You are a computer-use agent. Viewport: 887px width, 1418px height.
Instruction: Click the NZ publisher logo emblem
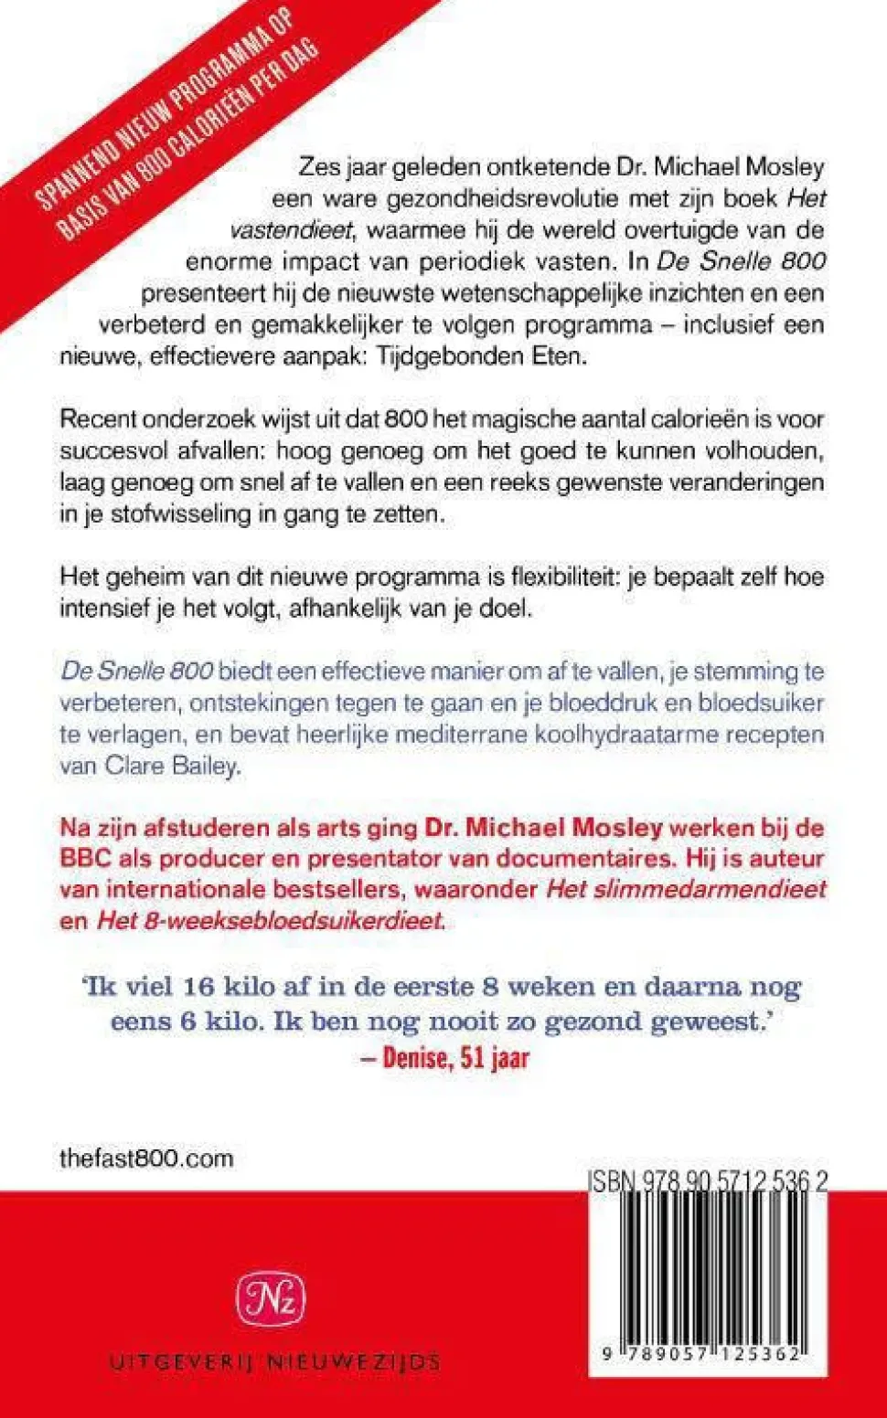(271, 1299)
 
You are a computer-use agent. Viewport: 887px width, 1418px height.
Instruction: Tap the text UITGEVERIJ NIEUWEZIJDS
(274, 1362)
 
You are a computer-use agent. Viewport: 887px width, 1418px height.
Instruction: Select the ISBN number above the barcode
(708, 1181)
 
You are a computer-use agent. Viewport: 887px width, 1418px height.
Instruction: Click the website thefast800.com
(146, 1159)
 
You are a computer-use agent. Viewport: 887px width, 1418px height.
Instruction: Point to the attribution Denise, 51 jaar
(455, 1058)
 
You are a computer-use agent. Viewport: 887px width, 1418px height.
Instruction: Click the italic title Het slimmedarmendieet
(686, 889)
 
